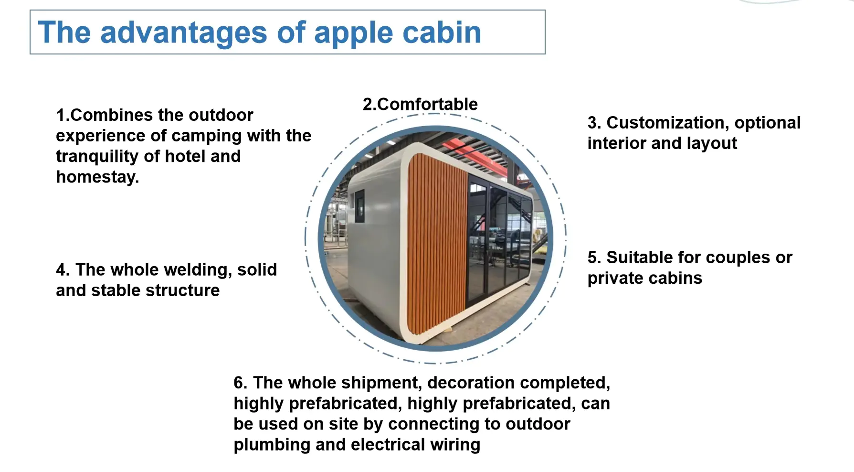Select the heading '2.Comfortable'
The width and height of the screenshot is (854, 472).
[x=420, y=104]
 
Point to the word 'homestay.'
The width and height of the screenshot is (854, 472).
[x=97, y=177]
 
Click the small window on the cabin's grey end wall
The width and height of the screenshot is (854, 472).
[x=359, y=206]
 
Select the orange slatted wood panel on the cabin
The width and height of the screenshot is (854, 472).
[x=437, y=244]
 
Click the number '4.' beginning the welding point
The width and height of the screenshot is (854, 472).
[x=63, y=270]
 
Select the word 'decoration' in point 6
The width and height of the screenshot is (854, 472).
[x=470, y=383]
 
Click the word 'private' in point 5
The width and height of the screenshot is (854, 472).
[x=616, y=279]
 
